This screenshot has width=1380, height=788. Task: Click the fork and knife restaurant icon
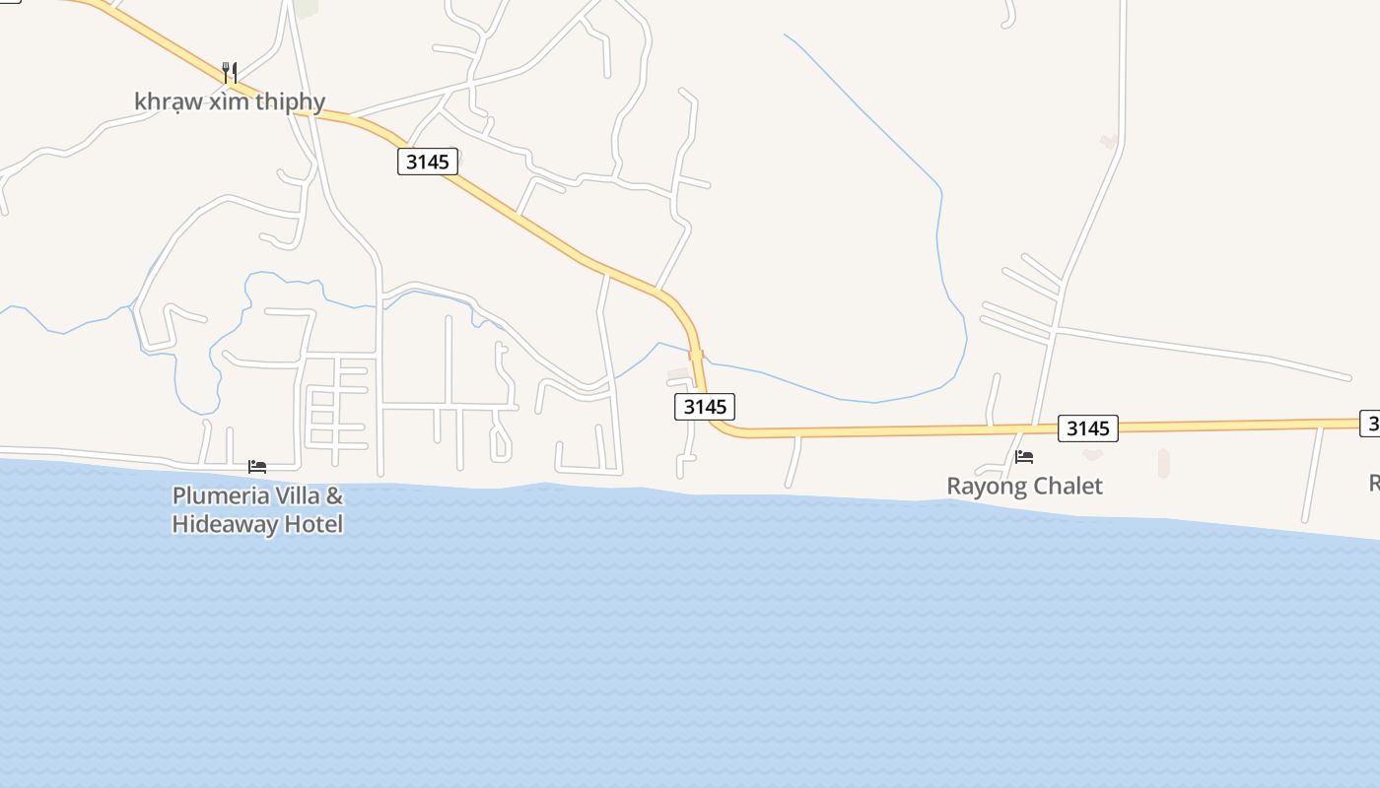230,72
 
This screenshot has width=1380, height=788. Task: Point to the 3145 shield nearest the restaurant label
428,162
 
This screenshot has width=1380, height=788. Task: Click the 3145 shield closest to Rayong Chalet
1088,428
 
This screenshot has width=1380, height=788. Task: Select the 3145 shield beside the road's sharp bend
705,406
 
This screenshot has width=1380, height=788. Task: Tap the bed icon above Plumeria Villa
257,466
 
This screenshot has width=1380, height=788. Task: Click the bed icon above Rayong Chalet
1024,457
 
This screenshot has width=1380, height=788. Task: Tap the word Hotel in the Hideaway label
313,524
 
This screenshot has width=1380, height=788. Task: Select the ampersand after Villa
334,495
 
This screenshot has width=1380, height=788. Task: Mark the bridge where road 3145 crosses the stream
696,355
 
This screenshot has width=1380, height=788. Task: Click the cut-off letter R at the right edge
1374,483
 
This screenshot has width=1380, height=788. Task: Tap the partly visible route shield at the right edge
1371,423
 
